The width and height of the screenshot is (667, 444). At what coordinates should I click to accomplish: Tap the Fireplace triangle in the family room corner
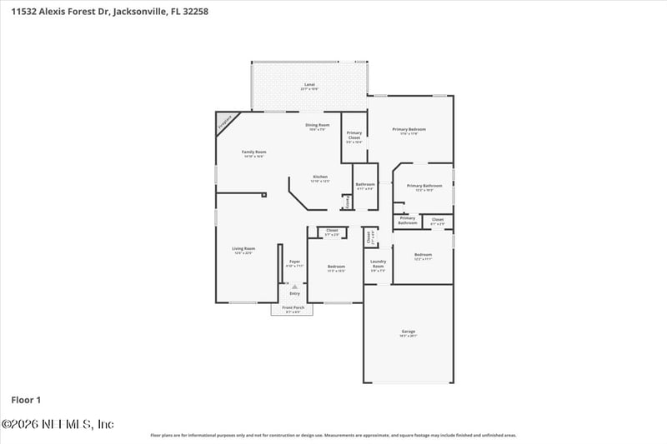[223, 122]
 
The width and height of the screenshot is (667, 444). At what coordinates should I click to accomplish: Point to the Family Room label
[254, 153]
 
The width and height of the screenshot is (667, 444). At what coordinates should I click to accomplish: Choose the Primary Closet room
[354, 137]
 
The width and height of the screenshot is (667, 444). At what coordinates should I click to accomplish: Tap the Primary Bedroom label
[409, 131]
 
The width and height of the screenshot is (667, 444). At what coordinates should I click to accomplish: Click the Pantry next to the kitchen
[347, 202]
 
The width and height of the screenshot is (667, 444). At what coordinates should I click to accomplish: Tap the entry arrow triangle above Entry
[294, 286]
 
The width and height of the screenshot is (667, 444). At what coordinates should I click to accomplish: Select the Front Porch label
[293, 309]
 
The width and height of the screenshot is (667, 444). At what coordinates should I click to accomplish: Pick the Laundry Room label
[378, 266]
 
